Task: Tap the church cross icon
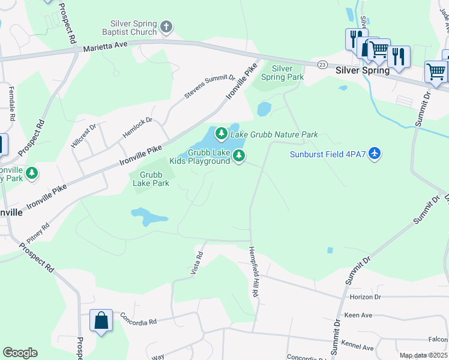coord(167,27)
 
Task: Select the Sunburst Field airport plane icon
coord(375,154)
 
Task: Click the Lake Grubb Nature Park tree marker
coord(221,133)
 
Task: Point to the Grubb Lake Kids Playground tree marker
coord(240,156)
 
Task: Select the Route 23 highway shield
coord(322,64)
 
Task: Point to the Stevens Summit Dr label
coord(209,87)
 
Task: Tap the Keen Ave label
coord(358,314)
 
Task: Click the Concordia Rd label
coord(138,318)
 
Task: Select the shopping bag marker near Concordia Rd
coord(101,320)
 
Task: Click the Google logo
coord(20,353)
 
